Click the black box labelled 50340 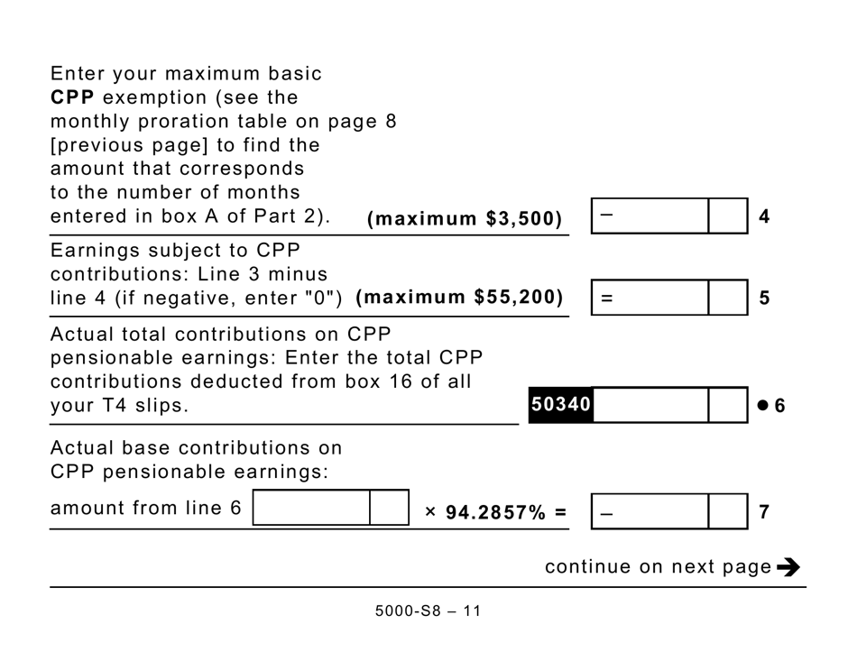tap(560, 406)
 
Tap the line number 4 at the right tap(764, 217)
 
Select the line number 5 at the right tap(764, 298)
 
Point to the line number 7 tap(764, 512)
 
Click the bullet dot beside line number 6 tap(762, 406)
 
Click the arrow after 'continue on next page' tap(788, 567)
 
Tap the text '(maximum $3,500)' tap(465, 219)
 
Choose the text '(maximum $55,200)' tap(459, 297)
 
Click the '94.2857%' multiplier tap(495, 513)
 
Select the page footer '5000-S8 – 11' tap(428, 611)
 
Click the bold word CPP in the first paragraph tap(73, 97)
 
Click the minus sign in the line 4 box tap(605, 215)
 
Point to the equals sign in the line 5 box tap(605, 298)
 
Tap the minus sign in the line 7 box tap(605, 513)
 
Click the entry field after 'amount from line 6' tap(312, 509)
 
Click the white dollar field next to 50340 tap(650, 406)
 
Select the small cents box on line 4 tap(728, 216)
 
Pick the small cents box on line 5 tap(728, 298)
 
